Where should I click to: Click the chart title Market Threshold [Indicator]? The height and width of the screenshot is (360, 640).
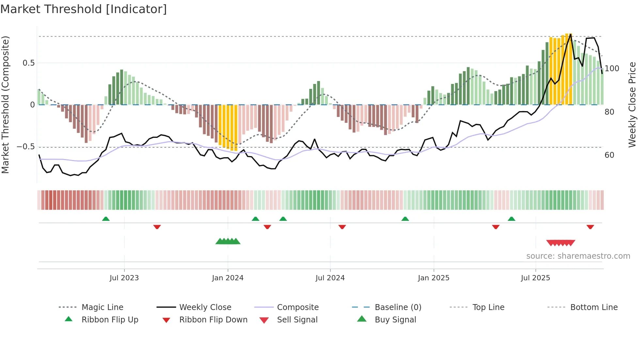[x=84, y=9]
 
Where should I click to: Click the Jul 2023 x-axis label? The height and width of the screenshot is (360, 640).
[x=124, y=278]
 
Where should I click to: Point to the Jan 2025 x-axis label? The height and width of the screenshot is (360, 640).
[x=433, y=278]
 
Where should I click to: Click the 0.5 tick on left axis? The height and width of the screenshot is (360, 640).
[x=28, y=63]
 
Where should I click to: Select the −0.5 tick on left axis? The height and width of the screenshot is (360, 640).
[x=26, y=147]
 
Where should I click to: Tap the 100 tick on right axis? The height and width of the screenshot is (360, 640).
[x=612, y=69]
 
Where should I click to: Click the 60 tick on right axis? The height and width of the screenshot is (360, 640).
[x=609, y=155]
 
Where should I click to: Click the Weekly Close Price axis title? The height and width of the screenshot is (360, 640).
[x=632, y=105]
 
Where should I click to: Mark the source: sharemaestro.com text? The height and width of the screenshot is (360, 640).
[x=578, y=256]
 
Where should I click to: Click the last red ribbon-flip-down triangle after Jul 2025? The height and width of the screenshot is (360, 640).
[x=590, y=227]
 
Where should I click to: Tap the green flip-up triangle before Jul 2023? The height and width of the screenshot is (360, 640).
[x=106, y=219]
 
